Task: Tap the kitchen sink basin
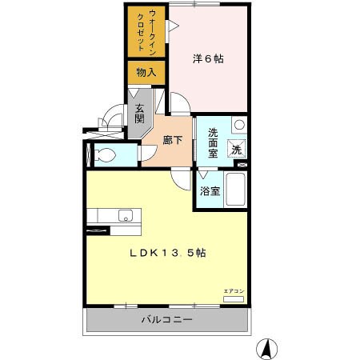(124, 214)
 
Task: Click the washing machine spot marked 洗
(238, 149)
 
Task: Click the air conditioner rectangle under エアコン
(233, 298)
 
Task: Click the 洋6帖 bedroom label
(207, 58)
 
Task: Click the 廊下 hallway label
(173, 139)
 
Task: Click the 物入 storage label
(146, 72)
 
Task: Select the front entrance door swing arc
(114, 118)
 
